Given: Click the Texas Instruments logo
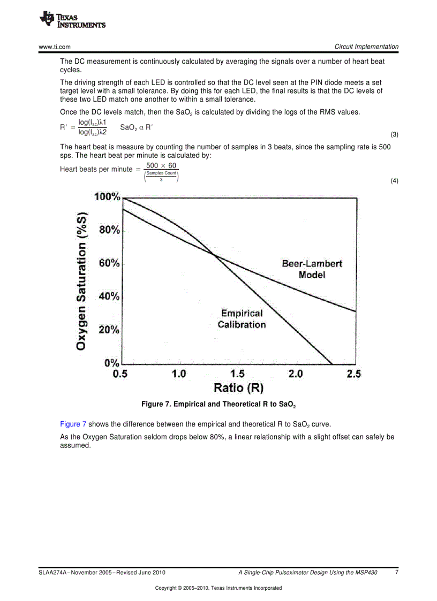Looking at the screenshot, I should point(72,20).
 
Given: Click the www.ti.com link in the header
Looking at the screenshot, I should point(55,47).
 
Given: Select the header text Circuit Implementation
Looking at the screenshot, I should point(366,47).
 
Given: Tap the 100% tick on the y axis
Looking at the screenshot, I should point(107,197).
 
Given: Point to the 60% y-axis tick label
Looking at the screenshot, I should point(109,263).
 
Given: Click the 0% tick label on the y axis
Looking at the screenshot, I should point(111,363).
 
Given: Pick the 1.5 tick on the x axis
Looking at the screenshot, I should point(237,374).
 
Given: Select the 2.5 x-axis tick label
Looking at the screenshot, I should point(353,374).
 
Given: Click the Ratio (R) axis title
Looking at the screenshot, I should point(238,387).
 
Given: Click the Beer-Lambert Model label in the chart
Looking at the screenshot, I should point(312,269).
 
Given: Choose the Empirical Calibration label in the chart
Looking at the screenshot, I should point(242,319).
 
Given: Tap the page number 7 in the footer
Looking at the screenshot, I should point(396,572).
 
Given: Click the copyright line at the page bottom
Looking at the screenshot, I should point(218,588).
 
